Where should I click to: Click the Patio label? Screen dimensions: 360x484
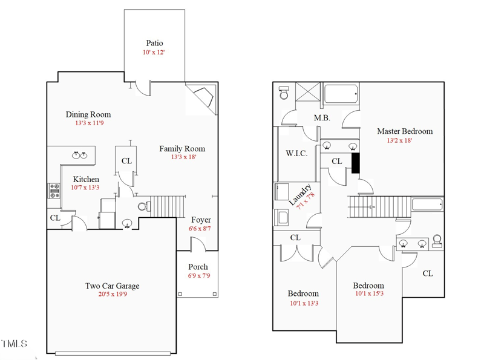click(x=154, y=43)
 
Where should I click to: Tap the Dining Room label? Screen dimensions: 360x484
click(x=88, y=114)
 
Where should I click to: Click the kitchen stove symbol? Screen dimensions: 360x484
click(x=54, y=191)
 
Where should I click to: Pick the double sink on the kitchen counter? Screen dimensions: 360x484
click(x=79, y=155)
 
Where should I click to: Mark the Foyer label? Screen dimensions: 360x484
click(x=201, y=220)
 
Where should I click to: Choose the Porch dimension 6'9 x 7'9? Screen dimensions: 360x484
click(x=198, y=276)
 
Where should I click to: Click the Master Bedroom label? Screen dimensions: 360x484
click(x=405, y=131)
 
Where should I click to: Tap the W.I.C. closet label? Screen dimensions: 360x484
click(x=296, y=154)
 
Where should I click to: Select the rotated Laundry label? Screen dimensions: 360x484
click(x=301, y=195)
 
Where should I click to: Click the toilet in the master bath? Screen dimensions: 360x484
click(x=284, y=93)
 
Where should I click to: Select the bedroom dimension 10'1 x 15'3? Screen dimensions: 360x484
click(x=368, y=295)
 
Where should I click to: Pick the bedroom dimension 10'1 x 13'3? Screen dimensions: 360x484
click(x=303, y=303)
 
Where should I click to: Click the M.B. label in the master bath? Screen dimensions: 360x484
click(x=322, y=118)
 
